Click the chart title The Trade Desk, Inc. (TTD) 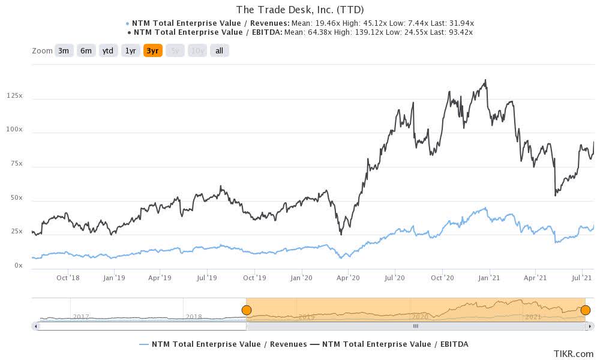300,10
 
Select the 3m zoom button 64,51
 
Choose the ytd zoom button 108,51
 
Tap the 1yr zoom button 130,51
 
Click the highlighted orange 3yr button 152,51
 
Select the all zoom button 219,51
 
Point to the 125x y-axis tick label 14,96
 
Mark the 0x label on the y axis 18,266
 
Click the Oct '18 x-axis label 68,278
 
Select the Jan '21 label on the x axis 489,278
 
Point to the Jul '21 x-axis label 581,278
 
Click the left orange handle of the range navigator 246,310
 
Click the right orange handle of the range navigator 586,310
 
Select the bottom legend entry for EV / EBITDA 395,344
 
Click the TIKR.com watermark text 574,354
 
